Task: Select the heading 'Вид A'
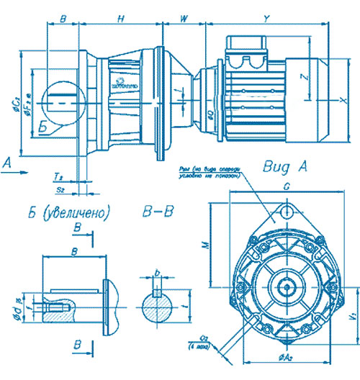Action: tap(287, 168)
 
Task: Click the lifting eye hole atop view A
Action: tap(288, 212)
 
